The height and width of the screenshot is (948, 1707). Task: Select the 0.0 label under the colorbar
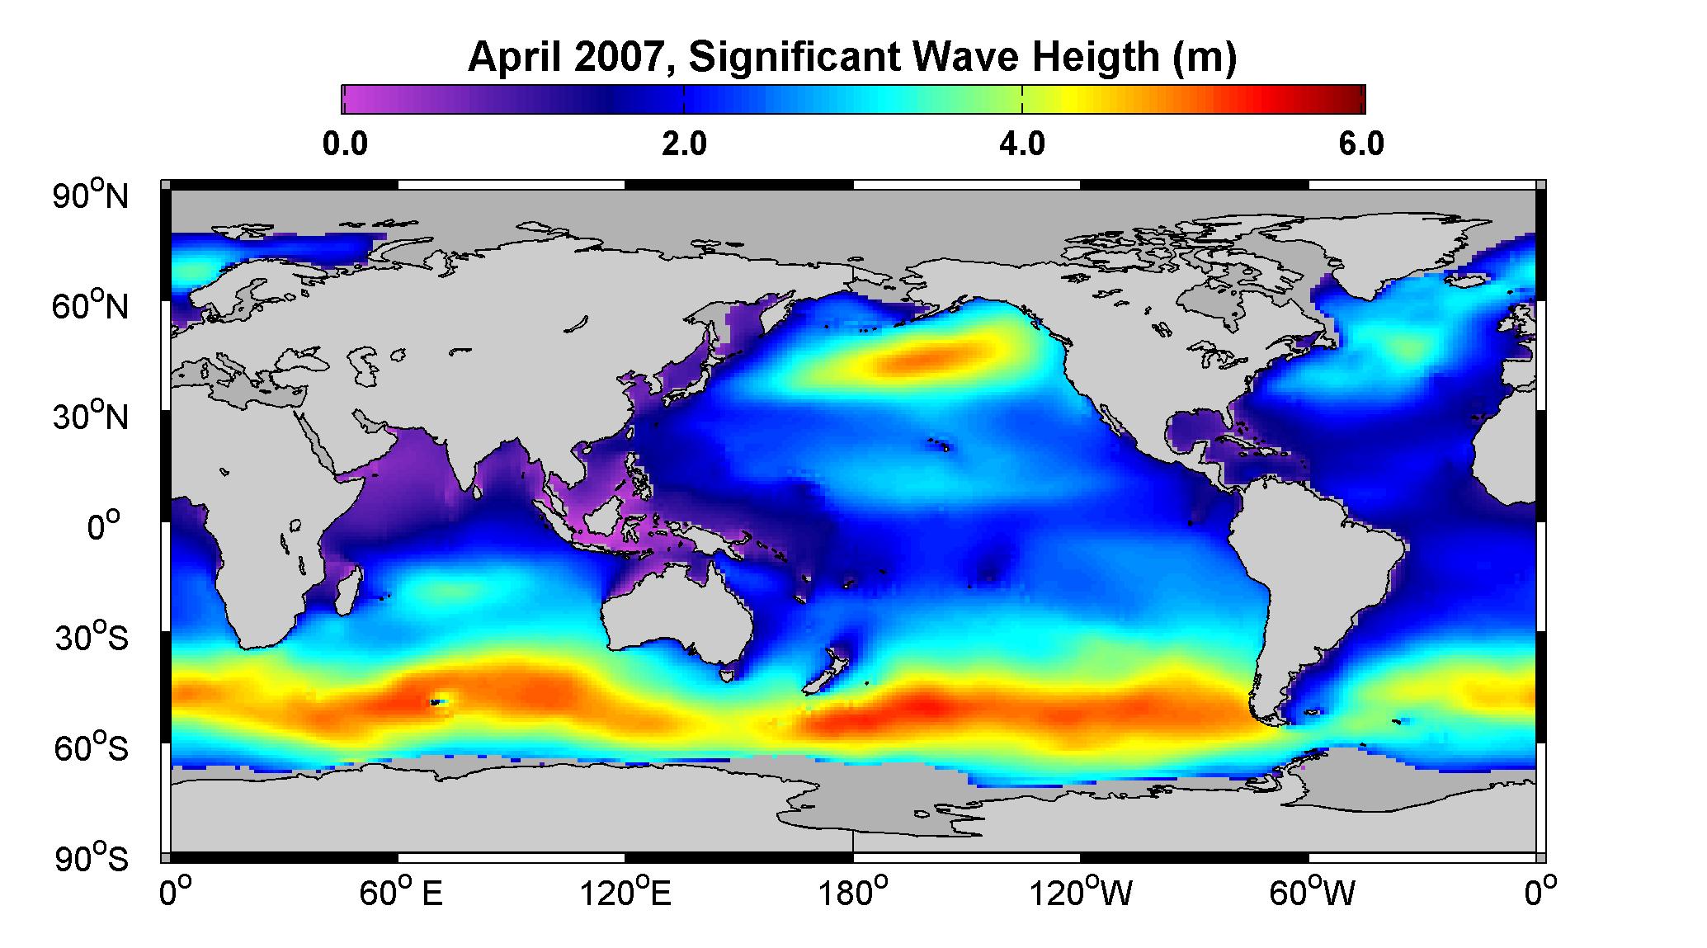click(345, 144)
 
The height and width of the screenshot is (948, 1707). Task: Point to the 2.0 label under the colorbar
click(684, 144)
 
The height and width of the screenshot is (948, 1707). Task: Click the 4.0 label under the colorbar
click(1022, 144)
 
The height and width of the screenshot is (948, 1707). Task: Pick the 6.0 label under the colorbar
click(1361, 144)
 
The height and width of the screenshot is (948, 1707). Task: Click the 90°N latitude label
click(92, 196)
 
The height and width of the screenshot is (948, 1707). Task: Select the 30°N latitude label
click(92, 417)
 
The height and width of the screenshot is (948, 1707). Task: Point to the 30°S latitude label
click(92, 638)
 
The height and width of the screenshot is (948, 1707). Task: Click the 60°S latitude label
click(92, 748)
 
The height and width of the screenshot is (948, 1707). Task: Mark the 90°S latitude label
click(92, 859)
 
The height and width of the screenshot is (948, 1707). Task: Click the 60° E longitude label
click(401, 894)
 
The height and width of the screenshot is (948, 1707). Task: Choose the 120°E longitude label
click(625, 894)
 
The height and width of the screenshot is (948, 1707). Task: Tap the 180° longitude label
click(852, 894)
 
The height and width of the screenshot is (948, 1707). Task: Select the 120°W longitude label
click(1082, 894)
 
